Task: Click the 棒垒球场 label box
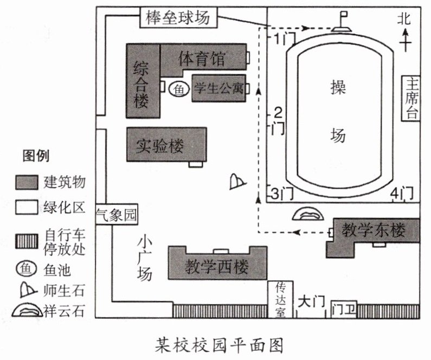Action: (177, 18)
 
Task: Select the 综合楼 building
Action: (143, 81)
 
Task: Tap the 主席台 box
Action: (412, 98)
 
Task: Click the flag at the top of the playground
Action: (343, 21)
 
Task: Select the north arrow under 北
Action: (404, 41)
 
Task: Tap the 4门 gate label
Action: (402, 193)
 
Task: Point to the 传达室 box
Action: (280, 299)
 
